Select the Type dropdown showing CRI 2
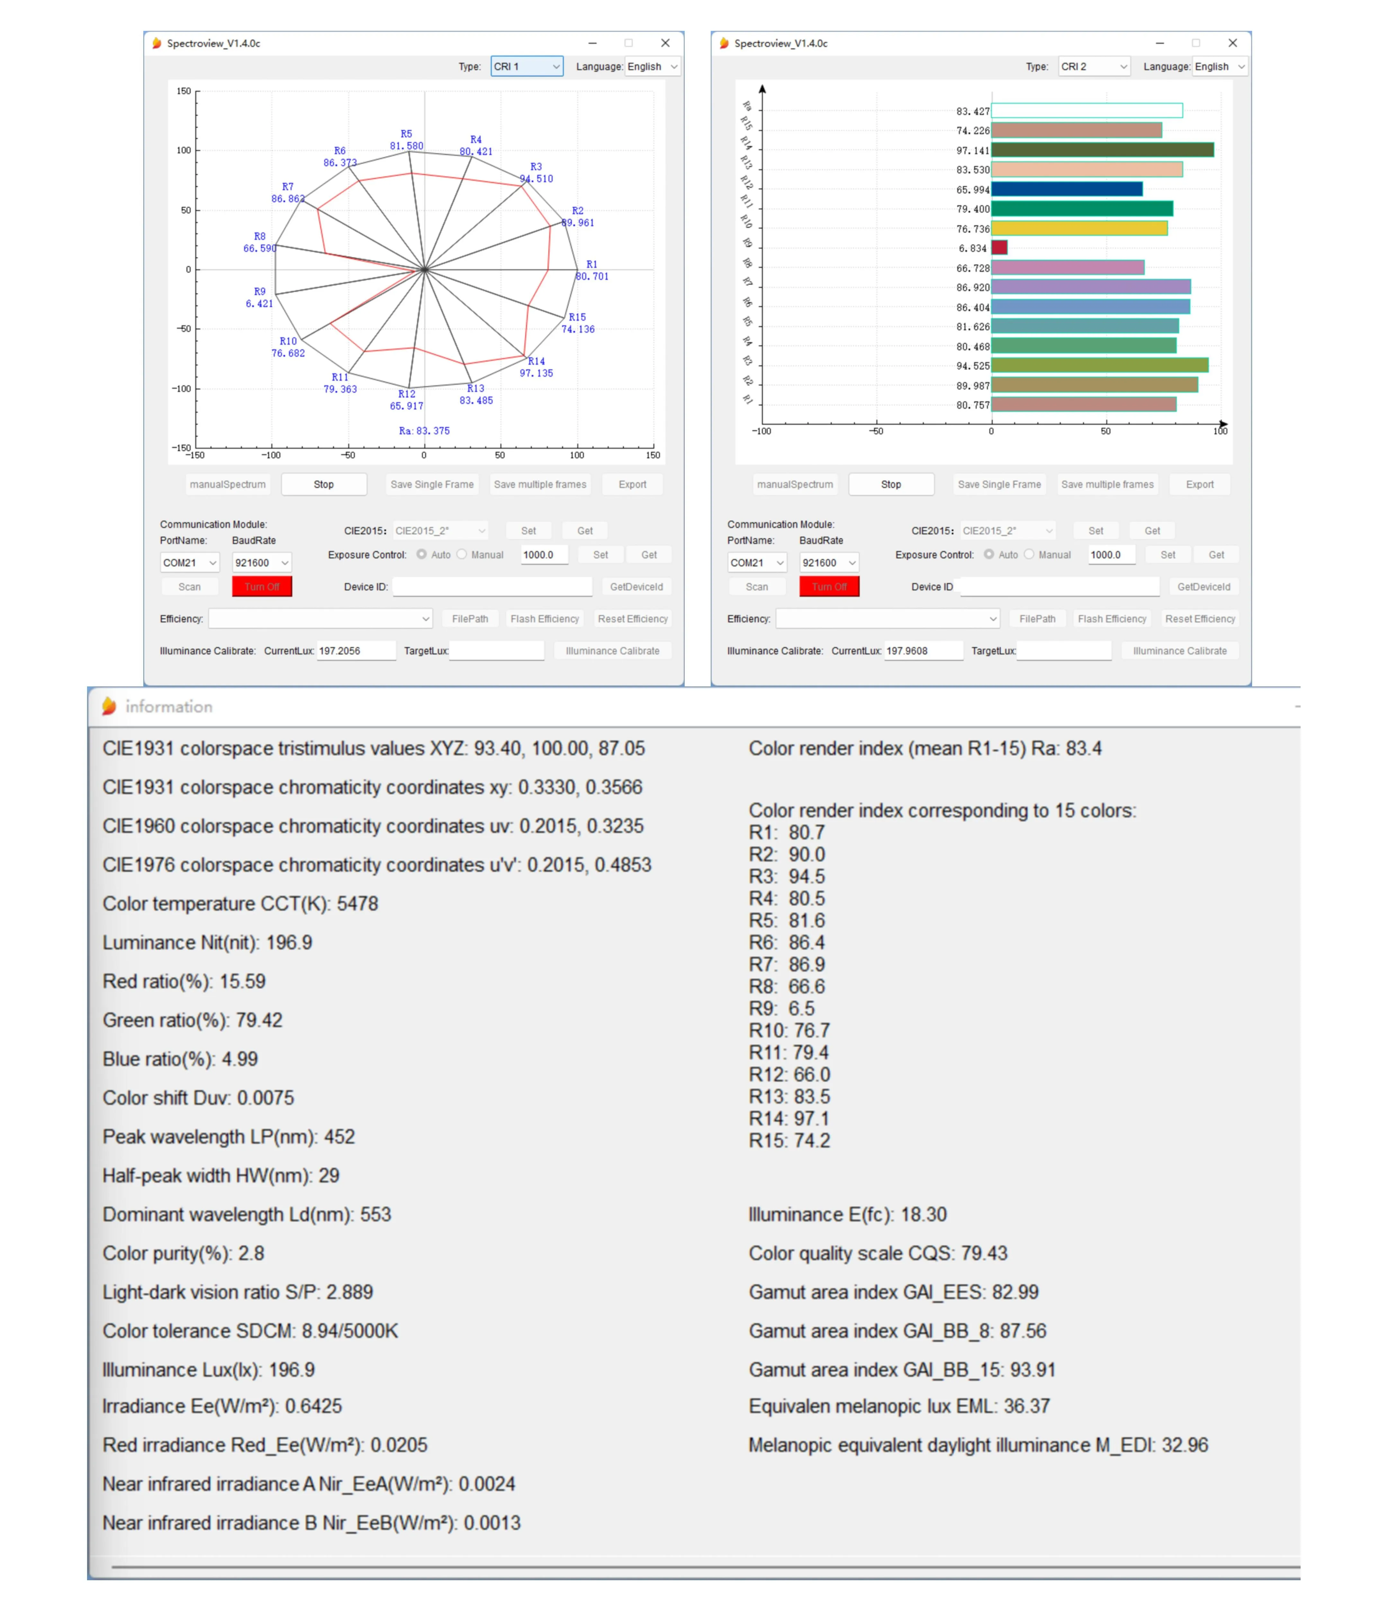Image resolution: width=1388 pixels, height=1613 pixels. coord(1093,67)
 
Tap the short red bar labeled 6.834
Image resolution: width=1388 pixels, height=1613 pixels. coord(999,248)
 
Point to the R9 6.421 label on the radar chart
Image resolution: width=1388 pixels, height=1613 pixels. coord(259,297)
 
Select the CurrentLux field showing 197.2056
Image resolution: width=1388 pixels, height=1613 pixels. coord(355,651)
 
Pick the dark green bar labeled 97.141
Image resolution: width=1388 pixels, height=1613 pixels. coord(1101,149)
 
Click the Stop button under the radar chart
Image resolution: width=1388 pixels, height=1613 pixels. coord(323,484)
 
